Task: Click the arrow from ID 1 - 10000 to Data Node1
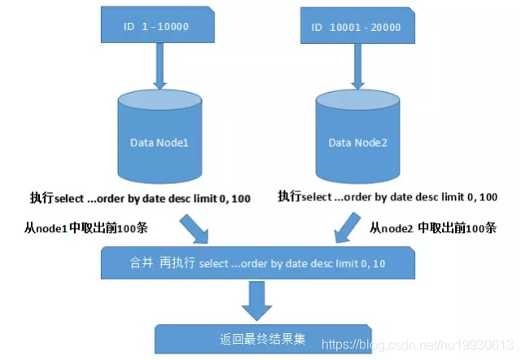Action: coord(160,66)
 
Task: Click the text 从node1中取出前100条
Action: coord(78,228)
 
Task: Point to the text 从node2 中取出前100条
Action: coord(433,228)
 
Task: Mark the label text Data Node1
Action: coord(160,143)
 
